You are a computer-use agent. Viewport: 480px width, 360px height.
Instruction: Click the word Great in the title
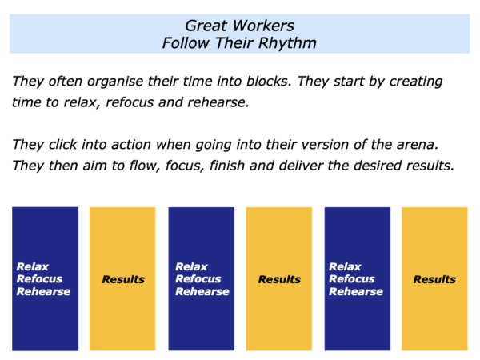(x=206, y=26)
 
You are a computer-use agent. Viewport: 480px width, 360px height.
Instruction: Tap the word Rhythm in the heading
(x=287, y=43)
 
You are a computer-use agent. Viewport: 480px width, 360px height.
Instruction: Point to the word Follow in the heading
(x=186, y=43)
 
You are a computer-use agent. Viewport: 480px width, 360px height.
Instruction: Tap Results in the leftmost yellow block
(x=123, y=279)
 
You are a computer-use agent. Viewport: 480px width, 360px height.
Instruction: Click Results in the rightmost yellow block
(x=434, y=279)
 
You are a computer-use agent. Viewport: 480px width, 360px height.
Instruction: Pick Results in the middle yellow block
(x=279, y=279)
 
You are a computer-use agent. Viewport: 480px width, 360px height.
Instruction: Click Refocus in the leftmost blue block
(x=39, y=279)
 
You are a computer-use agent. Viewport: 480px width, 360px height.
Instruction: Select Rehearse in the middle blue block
(x=202, y=291)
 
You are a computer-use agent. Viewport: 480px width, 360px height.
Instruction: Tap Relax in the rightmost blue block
(x=345, y=266)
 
